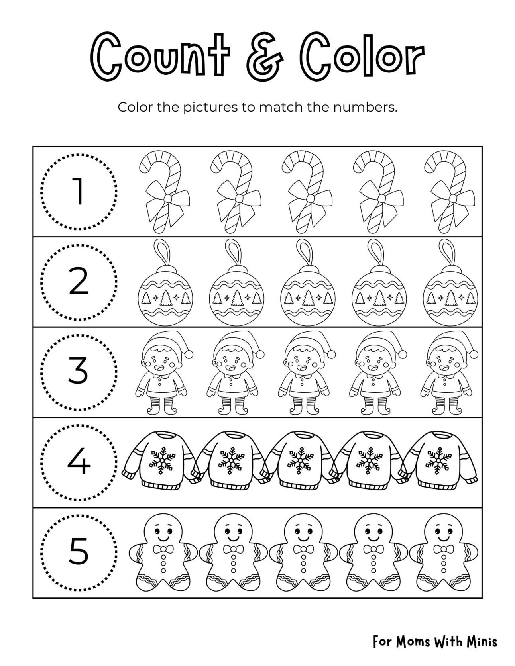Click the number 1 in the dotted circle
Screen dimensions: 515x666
click(79, 191)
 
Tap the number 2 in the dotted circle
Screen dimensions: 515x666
click(79, 281)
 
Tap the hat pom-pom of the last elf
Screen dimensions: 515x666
click(474, 354)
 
